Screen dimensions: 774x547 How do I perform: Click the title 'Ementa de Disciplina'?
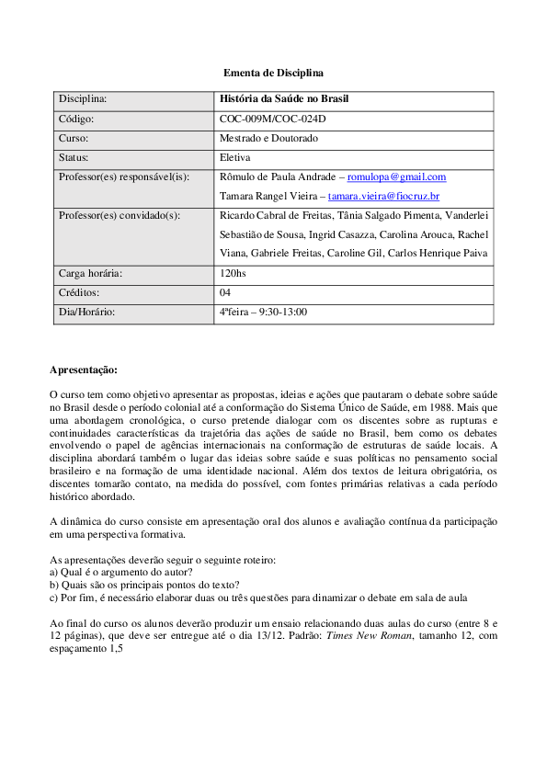(273, 72)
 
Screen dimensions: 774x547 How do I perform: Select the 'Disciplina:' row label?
(83, 99)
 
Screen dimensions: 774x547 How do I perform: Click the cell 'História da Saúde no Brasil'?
(284, 99)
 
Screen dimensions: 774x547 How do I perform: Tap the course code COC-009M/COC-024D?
(272, 119)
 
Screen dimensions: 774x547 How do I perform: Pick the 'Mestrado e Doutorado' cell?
(268, 138)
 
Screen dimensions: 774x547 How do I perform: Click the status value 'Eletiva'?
(235, 157)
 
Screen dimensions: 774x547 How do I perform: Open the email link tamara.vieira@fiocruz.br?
(383, 196)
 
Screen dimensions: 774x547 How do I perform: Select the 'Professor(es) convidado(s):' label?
(119, 215)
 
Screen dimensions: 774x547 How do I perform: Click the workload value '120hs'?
(234, 273)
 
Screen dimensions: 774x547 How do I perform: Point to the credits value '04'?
(225, 292)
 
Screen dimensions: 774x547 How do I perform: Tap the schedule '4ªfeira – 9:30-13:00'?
(263, 312)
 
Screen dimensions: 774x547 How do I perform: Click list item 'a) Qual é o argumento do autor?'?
(120, 572)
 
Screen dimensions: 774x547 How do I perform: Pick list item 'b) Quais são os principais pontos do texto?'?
(144, 584)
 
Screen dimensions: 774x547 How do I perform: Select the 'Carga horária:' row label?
(90, 273)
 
